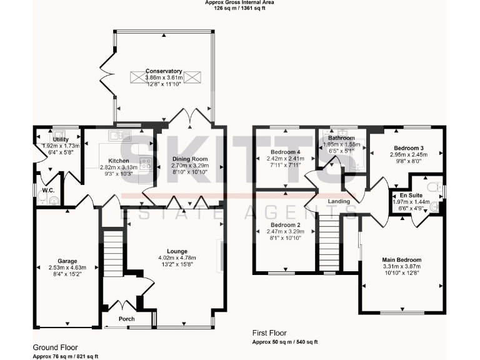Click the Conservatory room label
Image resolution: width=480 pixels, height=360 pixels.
164,71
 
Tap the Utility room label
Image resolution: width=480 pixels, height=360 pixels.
61,139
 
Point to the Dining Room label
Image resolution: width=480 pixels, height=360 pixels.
189,159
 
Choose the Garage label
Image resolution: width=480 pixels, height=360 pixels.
67,261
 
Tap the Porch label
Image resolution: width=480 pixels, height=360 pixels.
127,319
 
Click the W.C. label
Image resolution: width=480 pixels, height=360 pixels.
48,190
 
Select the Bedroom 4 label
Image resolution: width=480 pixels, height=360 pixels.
285,152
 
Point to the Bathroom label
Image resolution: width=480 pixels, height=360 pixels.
341,138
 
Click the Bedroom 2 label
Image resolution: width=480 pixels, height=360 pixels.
285,225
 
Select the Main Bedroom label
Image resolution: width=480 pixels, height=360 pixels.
401,260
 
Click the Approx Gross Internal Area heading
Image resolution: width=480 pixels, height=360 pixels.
240,2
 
